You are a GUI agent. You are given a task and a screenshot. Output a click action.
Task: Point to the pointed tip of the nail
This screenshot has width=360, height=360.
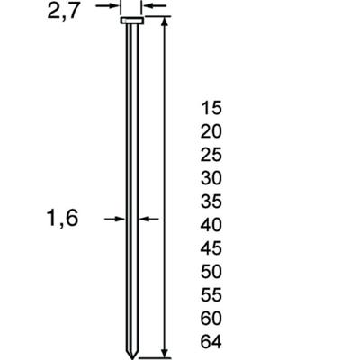(130, 350)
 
